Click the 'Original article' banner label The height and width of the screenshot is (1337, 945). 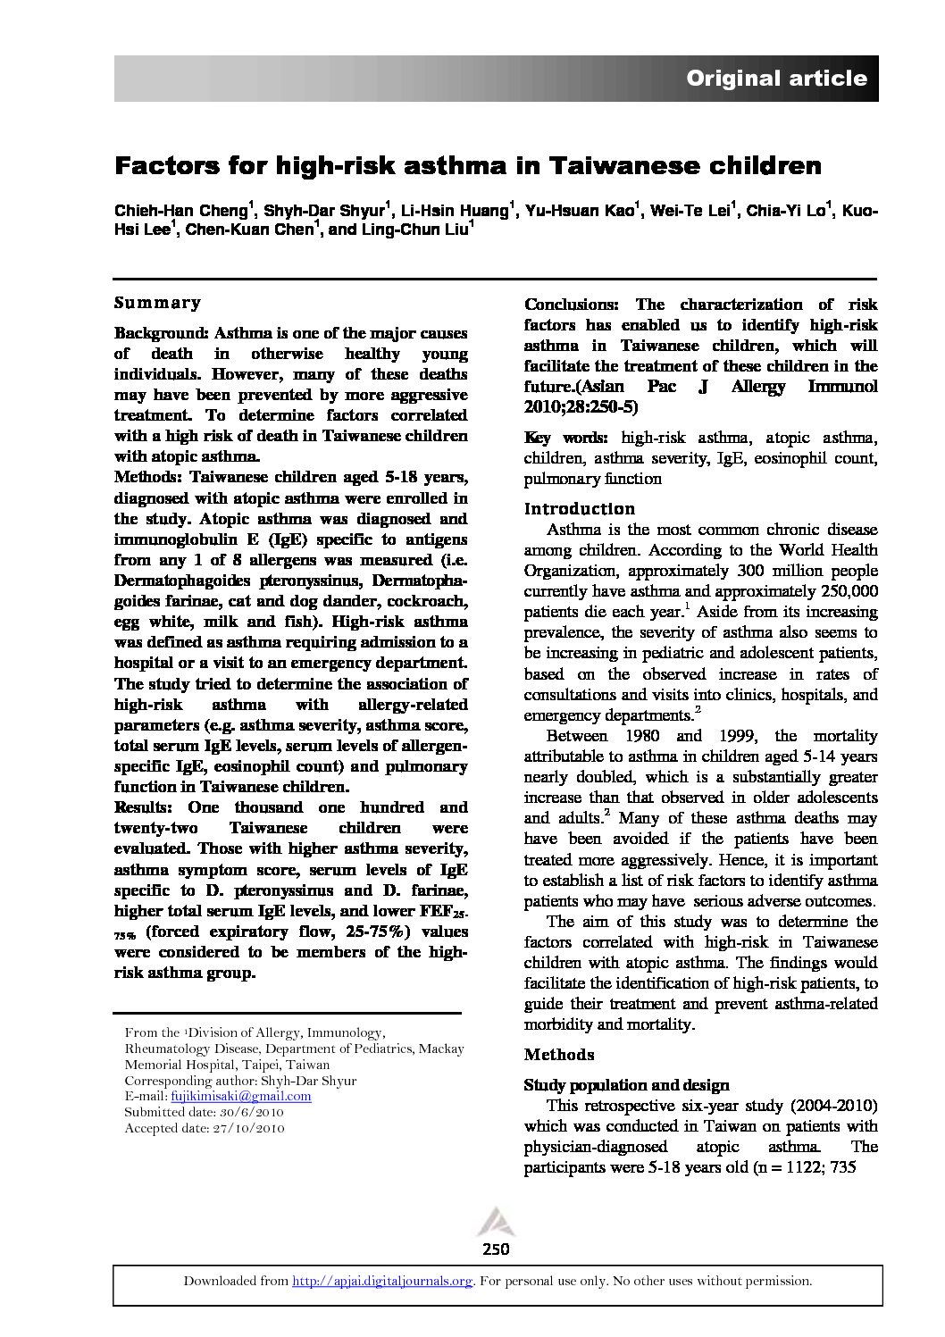click(775, 79)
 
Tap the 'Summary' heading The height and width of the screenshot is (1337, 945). click(157, 303)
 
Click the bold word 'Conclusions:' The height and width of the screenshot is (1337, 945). click(571, 305)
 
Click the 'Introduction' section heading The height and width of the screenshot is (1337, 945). click(579, 509)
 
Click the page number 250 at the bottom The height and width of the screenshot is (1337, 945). click(494, 1249)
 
